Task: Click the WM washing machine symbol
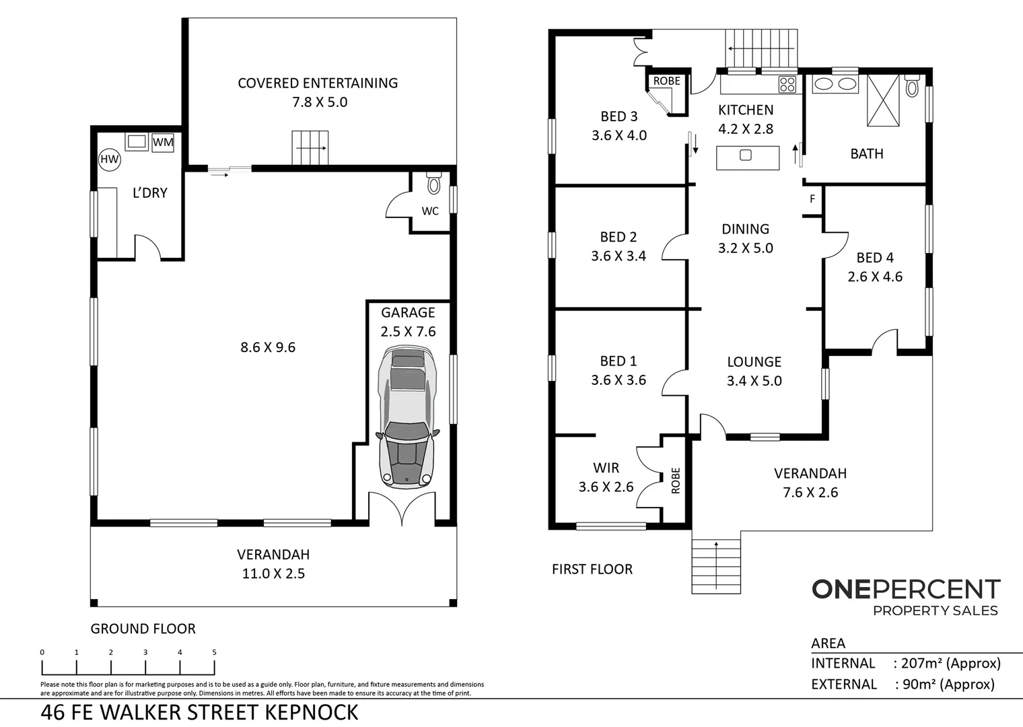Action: pos(163,142)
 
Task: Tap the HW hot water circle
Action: pos(109,160)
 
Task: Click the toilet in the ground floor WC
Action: pos(433,182)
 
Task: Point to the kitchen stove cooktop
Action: pos(787,85)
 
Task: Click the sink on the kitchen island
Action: pos(745,155)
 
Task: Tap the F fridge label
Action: pos(812,199)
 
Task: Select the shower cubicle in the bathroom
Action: pos(883,100)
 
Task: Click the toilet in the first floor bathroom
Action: pos(911,85)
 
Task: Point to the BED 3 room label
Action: pos(619,116)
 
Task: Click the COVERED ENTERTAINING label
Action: pos(318,83)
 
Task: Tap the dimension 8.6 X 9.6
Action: pos(268,347)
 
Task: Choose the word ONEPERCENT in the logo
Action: pos(906,589)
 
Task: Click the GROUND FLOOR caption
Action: pos(143,629)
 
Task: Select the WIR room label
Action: pos(606,468)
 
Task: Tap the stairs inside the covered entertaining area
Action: pos(310,148)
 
